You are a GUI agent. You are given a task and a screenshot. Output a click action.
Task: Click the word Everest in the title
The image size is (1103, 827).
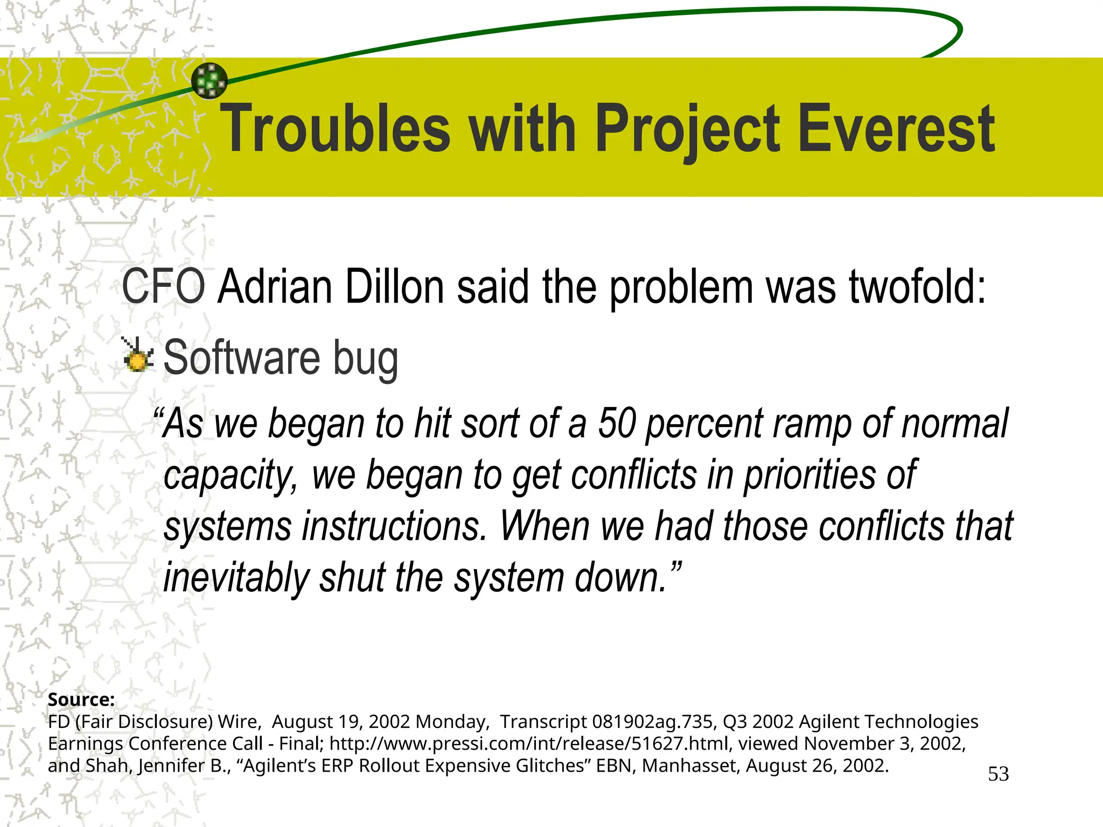coord(895,129)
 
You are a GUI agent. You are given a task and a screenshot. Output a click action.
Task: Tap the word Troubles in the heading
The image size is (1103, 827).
coord(336,129)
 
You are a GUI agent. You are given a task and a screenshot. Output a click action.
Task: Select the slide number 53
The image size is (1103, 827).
coord(998,774)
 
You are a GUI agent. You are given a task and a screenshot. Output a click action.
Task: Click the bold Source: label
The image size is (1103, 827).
coord(81,699)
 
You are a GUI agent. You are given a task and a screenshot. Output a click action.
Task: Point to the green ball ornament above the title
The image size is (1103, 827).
coord(210,81)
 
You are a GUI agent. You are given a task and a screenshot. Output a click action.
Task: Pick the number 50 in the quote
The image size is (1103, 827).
coord(617,424)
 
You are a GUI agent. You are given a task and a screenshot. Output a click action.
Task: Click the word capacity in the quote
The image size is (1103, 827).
coord(228,476)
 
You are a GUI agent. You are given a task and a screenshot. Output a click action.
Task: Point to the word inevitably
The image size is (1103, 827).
coord(236,578)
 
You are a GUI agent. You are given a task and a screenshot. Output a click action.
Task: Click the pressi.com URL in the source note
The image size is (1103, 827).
coord(529,744)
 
